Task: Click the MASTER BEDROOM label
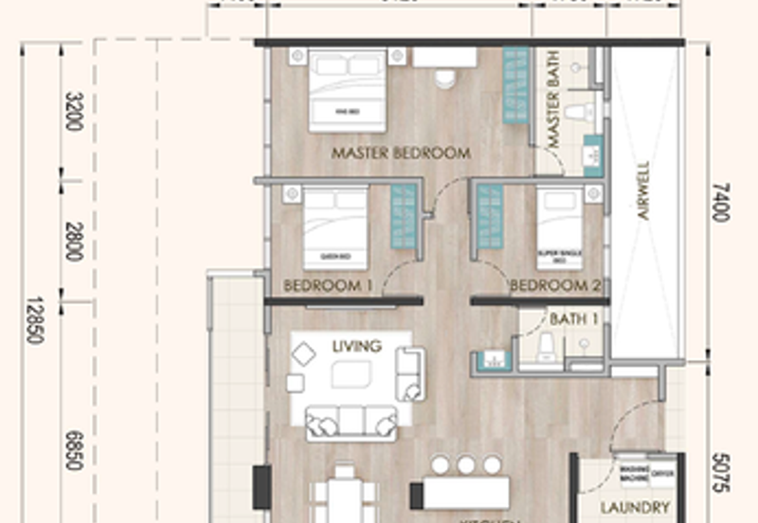(401, 153)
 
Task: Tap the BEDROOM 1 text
(322, 285)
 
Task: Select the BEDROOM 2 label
(555, 285)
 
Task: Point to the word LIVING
(356, 346)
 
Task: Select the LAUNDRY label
(636, 508)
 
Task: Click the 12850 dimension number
(34, 320)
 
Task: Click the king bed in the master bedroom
(348, 91)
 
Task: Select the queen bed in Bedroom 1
(334, 229)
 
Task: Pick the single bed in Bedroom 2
(560, 229)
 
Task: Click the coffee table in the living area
(351, 376)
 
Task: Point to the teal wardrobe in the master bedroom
(515, 85)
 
